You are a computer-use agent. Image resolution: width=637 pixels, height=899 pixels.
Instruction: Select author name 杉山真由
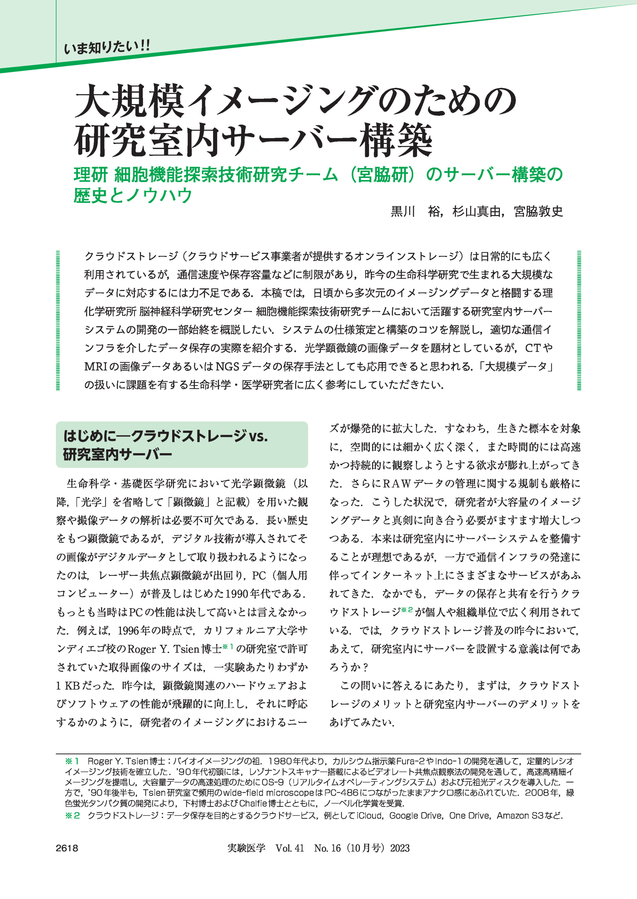pos(477,212)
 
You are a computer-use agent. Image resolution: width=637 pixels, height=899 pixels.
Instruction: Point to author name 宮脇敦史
pos(539,212)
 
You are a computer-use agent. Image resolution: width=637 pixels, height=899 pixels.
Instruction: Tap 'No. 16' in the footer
pos(327,848)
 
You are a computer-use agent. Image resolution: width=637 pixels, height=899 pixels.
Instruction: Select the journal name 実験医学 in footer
pos(246,848)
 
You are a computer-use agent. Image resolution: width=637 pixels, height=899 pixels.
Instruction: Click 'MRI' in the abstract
pos(96,367)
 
